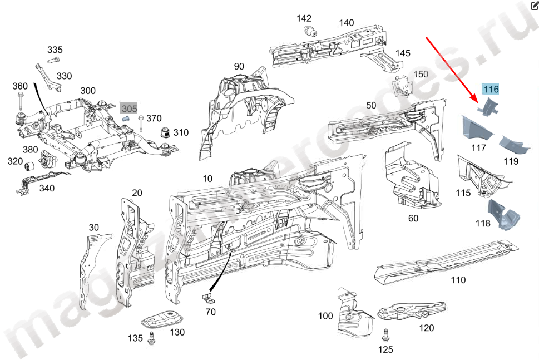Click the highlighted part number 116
(x=491, y=89)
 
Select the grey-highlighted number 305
(x=129, y=109)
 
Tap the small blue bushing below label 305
(x=125, y=119)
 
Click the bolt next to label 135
(x=151, y=338)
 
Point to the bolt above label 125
(x=384, y=335)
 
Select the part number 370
(x=154, y=118)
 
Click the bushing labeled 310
(x=165, y=134)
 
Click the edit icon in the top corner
(x=533, y=6)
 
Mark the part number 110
(x=458, y=280)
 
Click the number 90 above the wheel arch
(x=239, y=66)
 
